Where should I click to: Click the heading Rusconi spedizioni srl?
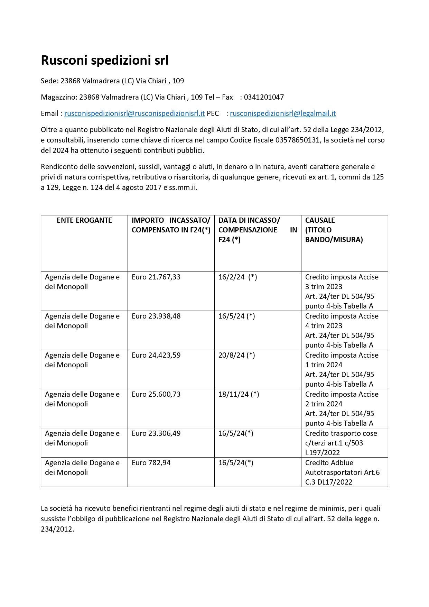(105, 61)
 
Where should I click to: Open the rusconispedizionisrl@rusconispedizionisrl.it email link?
(134, 113)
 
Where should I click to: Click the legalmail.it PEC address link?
(283, 113)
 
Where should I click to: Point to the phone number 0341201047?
(264, 97)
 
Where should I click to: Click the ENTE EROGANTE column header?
(84, 220)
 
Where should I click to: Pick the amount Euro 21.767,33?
(156, 277)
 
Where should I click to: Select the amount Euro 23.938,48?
(156, 316)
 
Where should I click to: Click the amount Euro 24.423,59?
(156, 355)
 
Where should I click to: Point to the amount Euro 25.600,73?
(156, 394)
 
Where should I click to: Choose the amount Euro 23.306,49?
(156, 433)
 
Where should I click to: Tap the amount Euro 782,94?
(151, 463)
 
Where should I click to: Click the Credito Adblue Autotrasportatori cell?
(342, 472)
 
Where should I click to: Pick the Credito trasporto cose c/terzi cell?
(341, 443)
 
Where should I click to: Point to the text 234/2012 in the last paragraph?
(57, 529)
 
